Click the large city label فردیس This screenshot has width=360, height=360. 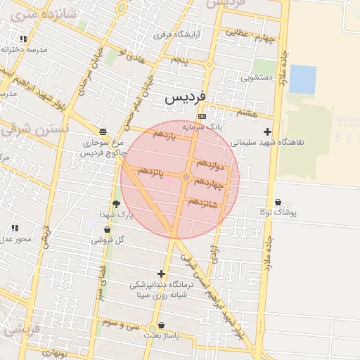coord(185,99)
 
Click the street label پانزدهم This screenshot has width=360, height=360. coord(151,172)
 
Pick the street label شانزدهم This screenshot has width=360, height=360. coord(205,203)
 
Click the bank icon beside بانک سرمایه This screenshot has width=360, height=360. coord(202,116)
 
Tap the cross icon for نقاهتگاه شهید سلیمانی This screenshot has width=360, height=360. coord(267,131)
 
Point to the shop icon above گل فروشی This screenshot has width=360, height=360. coord(107,229)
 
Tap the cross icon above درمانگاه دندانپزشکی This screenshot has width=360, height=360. coord(162,274)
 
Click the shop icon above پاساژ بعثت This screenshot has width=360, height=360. coord(162,326)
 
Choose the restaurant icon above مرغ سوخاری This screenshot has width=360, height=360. coord(103,131)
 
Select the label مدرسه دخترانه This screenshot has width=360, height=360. coord(23,50)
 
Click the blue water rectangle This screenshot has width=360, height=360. coord(302,79)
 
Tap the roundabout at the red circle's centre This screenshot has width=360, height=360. coord(186,178)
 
